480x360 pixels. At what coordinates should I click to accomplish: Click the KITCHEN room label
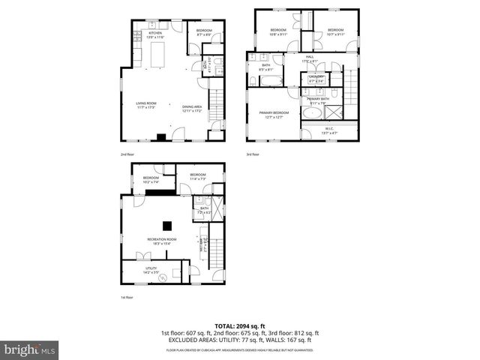156,35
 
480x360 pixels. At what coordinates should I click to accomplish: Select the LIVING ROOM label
145,106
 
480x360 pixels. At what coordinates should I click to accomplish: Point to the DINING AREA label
192,108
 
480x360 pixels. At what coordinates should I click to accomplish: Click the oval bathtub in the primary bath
312,114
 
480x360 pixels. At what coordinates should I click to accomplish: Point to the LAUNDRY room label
315,79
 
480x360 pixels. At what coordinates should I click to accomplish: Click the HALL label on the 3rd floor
310,58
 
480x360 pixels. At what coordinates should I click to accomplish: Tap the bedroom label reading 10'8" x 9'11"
278,32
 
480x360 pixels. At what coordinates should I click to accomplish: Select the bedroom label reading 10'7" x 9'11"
334,32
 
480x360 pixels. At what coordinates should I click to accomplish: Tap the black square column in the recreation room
168,225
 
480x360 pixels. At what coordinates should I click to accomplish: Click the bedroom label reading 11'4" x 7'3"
198,177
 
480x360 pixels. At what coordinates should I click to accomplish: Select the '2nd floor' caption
127,154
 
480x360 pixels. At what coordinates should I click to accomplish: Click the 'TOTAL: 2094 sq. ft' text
240,325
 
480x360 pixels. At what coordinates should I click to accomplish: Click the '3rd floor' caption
253,154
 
